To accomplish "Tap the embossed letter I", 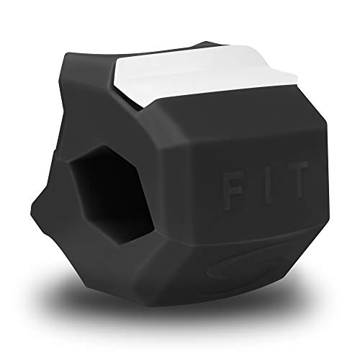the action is (x=268, y=186).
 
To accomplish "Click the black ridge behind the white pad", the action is (x=207, y=45).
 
